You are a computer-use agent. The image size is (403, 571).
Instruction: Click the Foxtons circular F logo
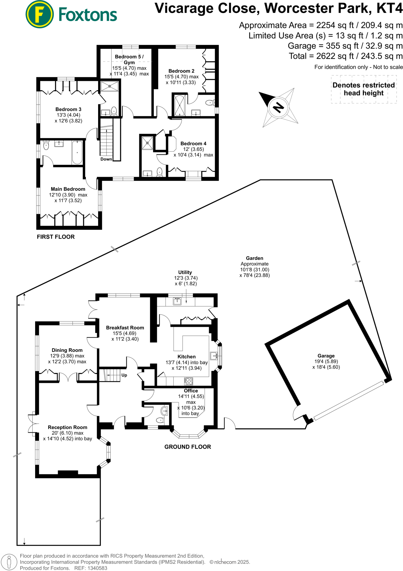click(40, 14)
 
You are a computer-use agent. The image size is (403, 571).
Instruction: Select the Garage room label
click(326, 356)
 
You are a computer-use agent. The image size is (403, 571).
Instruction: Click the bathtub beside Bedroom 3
click(77, 153)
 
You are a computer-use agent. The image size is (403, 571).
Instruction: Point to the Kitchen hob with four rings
click(189, 381)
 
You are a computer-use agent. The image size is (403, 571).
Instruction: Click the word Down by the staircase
click(106, 159)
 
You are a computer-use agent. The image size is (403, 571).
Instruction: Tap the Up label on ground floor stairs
click(124, 375)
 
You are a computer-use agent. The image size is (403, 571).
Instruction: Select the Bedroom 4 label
click(193, 144)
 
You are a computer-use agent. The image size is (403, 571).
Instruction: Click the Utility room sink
click(177, 301)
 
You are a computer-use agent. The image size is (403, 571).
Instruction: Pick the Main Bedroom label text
click(68, 189)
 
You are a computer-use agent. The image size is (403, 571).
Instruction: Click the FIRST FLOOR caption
click(56, 237)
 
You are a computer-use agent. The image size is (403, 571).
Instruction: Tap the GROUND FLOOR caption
click(188, 447)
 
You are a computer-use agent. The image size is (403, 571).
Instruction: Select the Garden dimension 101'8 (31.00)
click(254, 270)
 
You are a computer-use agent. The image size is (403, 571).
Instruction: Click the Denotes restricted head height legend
click(364, 89)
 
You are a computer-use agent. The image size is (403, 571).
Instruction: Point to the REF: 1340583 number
click(91, 568)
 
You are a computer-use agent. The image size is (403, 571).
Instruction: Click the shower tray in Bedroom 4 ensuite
click(147, 143)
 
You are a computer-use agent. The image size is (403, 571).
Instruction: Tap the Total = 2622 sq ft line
click(346, 56)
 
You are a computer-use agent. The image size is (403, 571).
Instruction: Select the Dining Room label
click(67, 350)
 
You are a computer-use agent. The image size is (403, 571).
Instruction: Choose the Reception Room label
click(67, 427)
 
